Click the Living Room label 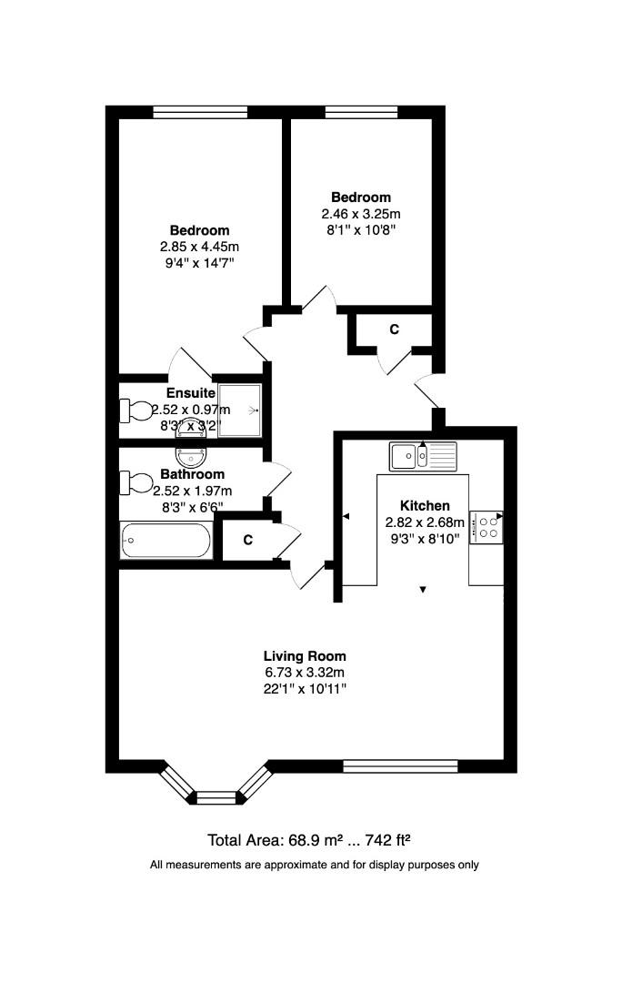point(305,655)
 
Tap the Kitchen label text point(425,506)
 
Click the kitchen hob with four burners point(487,527)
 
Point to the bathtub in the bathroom point(166,541)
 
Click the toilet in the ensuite point(136,410)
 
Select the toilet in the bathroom point(136,481)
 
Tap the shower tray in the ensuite point(240,410)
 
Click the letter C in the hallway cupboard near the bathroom point(247,541)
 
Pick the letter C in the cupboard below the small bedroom point(394,329)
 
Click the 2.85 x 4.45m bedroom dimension point(199,247)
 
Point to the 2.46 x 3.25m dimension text point(360,214)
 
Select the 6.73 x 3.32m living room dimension point(305,672)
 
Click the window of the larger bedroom point(200,113)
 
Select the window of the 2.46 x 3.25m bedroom point(361,113)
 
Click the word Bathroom point(192,474)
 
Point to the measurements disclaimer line point(314,865)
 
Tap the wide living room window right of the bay point(400,766)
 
